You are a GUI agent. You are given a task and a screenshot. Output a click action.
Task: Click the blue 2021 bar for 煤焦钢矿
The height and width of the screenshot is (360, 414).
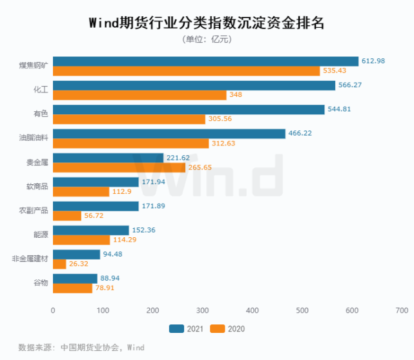click(x=205, y=61)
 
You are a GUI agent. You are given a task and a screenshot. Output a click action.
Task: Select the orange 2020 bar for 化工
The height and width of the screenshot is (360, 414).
click(x=140, y=95)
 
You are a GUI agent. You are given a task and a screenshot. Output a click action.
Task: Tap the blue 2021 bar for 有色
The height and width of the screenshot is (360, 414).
click(x=189, y=110)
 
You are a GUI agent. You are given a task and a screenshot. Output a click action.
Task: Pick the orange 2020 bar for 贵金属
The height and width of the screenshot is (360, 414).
click(x=119, y=167)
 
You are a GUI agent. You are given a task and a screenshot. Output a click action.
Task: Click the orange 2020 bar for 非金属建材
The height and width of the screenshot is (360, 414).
click(x=59, y=264)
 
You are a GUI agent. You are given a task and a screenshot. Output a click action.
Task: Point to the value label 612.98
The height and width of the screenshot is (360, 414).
click(x=375, y=61)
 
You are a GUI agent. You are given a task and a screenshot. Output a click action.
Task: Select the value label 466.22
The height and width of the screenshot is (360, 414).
click(x=302, y=134)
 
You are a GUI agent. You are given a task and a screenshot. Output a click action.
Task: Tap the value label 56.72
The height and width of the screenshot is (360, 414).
click(x=96, y=216)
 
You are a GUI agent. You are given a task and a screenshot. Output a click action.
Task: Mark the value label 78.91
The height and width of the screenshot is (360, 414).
click(x=107, y=288)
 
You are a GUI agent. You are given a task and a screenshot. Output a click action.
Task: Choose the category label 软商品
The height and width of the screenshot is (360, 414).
click(x=37, y=186)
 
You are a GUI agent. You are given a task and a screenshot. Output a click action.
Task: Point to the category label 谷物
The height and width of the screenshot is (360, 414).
click(x=41, y=283)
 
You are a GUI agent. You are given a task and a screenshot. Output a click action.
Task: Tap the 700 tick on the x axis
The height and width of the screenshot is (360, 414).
click(x=401, y=311)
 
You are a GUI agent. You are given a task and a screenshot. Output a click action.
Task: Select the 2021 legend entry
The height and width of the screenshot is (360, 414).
click(x=187, y=329)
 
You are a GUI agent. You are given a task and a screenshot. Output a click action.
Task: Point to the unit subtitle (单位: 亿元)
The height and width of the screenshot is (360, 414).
click(x=207, y=40)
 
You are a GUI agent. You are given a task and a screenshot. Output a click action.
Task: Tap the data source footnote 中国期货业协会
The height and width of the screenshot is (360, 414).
click(x=88, y=347)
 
